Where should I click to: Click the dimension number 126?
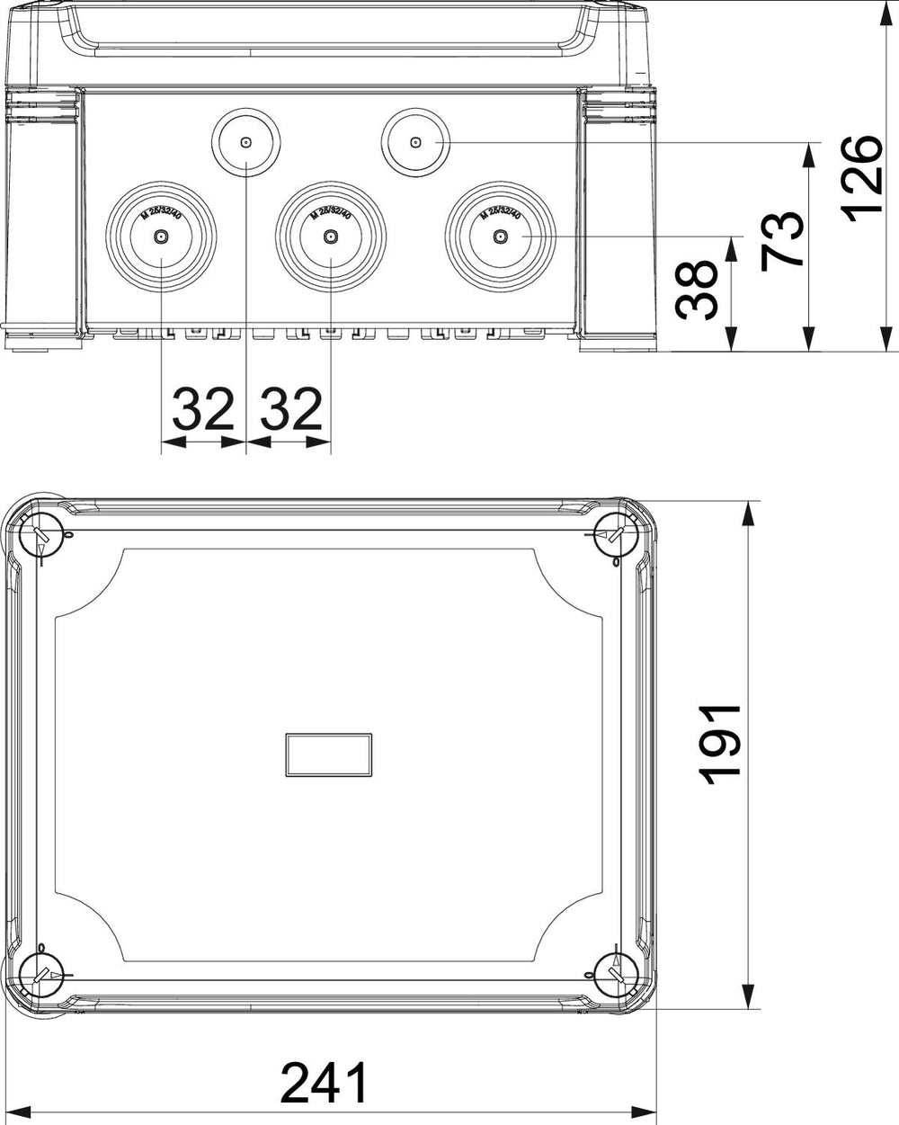click(x=861, y=179)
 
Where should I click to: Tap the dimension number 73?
click(x=781, y=241)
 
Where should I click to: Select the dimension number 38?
click(x=697, y=290)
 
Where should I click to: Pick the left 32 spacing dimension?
click(x=203, y=408)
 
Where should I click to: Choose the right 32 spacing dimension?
click(x=291, y=408)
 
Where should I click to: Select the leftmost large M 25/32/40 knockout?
click(x=161, y=183)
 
